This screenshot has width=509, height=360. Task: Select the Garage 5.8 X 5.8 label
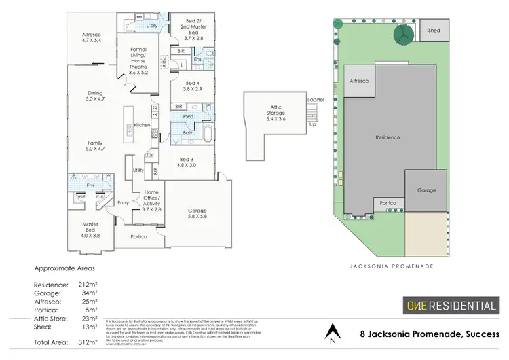point(197,214)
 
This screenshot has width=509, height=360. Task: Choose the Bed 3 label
point(187,162)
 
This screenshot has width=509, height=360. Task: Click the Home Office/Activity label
point(151,200)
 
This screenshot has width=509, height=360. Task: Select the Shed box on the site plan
point(434,30)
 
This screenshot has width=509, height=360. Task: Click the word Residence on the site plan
point(388,137)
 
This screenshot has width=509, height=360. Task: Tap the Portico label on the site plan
point(388,203)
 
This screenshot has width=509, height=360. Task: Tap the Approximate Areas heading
point(64,268)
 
